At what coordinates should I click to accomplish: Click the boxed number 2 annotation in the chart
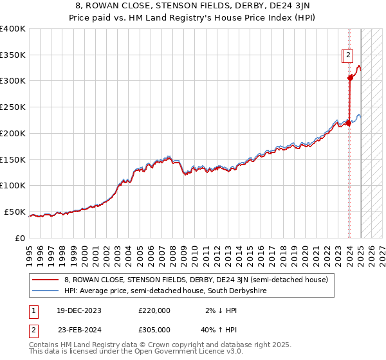347,55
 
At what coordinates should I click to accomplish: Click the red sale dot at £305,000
350,78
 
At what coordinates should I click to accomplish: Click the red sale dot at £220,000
348,122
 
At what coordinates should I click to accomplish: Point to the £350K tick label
13,55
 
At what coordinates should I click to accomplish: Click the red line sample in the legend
45,280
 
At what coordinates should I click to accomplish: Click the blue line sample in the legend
45,291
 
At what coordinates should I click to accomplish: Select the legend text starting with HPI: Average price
165,291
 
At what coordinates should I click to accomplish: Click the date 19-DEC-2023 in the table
79,310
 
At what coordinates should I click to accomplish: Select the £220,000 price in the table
154,310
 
